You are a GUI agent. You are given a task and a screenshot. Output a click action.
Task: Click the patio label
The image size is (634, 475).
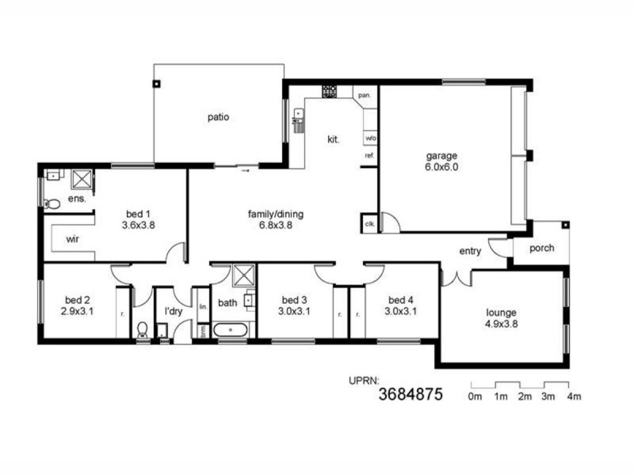click(219, 117)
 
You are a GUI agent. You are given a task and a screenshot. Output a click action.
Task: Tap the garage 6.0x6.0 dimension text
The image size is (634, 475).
click(441, 167)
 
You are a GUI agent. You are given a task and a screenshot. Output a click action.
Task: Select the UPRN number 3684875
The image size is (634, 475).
click(410, 393)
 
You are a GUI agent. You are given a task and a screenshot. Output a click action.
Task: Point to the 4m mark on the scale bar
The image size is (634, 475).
click(574, 396)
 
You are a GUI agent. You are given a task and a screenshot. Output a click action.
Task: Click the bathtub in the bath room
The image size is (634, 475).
click(232, 328)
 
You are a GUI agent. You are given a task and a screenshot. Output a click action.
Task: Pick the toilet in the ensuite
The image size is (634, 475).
click(52, 203)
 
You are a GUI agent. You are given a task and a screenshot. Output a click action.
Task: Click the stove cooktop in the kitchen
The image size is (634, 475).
click(330, 92)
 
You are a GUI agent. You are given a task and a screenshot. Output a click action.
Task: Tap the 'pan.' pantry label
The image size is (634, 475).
click(365, 95)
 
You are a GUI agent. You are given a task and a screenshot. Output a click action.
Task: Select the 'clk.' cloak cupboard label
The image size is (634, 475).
click(369, 224)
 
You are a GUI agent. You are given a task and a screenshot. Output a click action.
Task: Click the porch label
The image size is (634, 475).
click(542, 249)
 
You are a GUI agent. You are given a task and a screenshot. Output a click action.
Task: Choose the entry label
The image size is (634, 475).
click(470, 251)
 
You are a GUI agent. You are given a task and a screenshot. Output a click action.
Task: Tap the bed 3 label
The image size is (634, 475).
click(295, 300)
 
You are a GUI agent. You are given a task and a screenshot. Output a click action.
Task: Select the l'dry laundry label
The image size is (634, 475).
click(174, 313)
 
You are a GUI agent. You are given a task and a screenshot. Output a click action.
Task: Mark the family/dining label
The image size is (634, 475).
click(276, 214)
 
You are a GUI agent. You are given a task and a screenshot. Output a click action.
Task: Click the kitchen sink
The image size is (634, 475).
click(299, 120)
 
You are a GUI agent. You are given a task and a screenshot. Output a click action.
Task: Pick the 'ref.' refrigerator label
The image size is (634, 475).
click(369, 155)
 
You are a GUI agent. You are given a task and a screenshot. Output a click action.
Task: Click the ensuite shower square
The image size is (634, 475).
click(82, 177)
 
